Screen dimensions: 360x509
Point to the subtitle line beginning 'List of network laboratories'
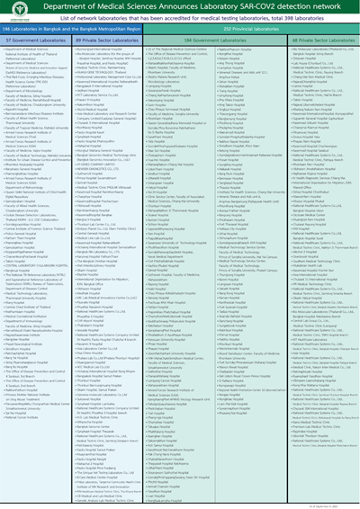[180, 19]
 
